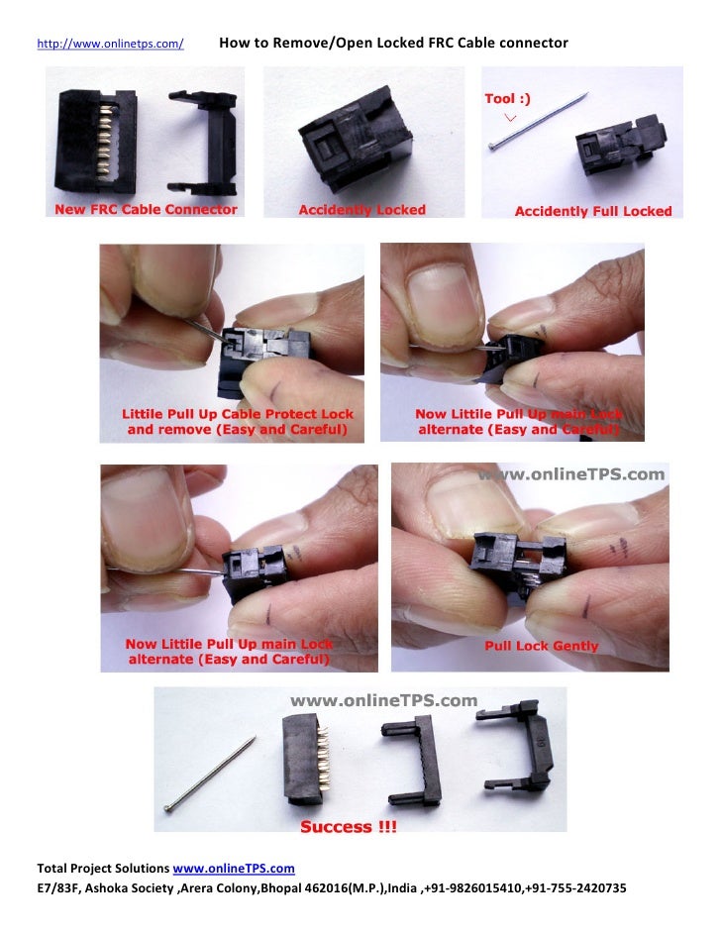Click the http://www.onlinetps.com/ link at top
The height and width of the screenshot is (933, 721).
click(110, 45)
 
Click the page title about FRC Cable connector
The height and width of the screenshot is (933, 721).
click(393, 44)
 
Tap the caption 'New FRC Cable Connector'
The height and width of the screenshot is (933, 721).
click(146, 210)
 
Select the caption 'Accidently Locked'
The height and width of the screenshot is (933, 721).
click(361, 210)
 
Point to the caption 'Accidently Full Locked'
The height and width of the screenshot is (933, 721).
click(592, 211)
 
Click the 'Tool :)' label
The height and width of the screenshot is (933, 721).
click(507, 98)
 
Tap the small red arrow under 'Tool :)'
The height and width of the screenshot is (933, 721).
click(510, 117)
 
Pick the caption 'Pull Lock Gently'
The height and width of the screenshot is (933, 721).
click(541, 646)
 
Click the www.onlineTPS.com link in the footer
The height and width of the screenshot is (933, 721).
click(234, 869)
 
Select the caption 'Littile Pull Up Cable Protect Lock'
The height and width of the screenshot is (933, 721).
click(238, 414)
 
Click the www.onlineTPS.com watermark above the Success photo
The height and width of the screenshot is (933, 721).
click(382, 700)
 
